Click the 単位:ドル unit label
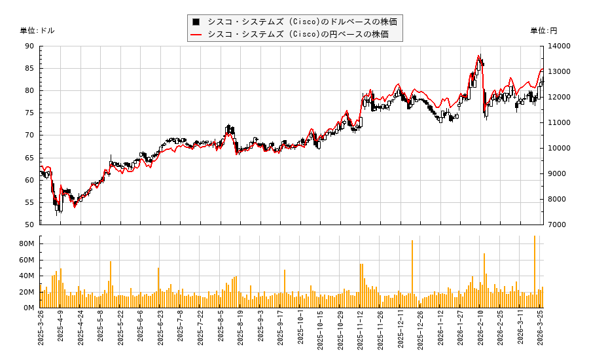pyautogui.click(x=37, y=31)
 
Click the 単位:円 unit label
pyautogui.click(x=543, y=31)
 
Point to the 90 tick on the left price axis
pyautogui.click(x=29, y=46)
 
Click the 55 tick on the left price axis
pyautogui.click(x=29, y=202)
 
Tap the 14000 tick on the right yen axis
pyautogui.click(x=560, y=46)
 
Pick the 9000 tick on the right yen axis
pyautogui.click(x=558, y=173)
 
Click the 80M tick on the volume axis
pyautogui.click(x=27, y=243)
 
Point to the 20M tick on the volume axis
pyautogui.click(x=27, y=292)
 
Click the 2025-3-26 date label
pyautogui.click(x=41, y=332)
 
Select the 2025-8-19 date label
pyautogui.click(x=240, y=332)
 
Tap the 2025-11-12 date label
pyautogui.click(x=360, y=332)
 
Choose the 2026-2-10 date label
pyautogui.click(x=480, y=332)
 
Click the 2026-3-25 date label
pyautogui.click(x=541, y=332)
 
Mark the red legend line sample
pyautogui.click(x=196, y=34)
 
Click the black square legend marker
pyautogui.click(x=196, y=21)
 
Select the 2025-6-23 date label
pyautogui.click(x=160, y=332)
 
